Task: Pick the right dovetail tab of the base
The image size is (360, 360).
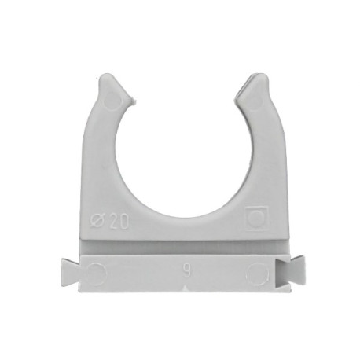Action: click(x=296, y=270)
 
